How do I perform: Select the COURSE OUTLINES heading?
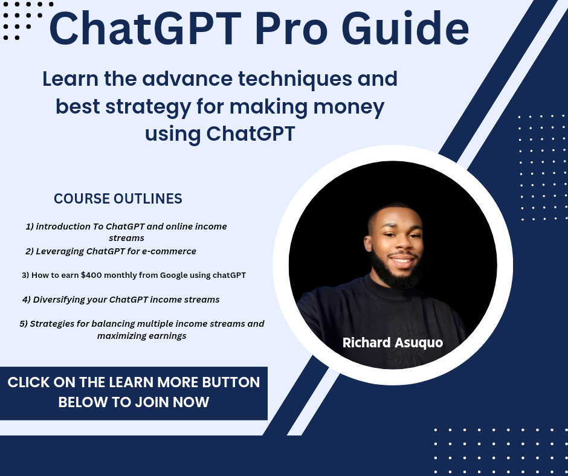[x=118, y=199]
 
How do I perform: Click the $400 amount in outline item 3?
[x=92, y=275]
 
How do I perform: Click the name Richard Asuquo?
[x=392, y=343]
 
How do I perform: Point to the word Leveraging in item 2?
[x=59, y=251]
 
